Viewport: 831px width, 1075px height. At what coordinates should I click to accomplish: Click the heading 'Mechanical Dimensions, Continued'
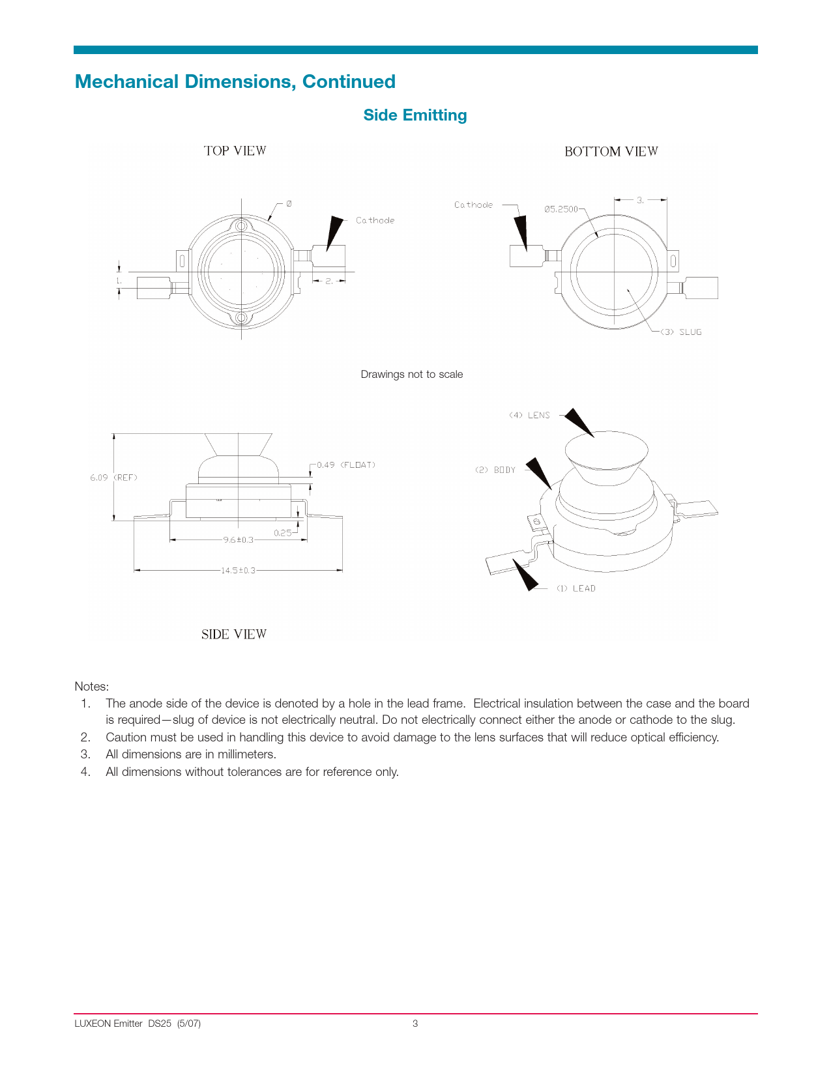235,81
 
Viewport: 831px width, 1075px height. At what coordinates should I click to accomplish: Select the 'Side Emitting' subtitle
415,115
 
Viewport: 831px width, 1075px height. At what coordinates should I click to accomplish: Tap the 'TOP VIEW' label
235,150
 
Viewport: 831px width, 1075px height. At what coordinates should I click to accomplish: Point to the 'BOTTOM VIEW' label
611,151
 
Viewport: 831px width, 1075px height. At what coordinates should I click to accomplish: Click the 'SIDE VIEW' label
233,634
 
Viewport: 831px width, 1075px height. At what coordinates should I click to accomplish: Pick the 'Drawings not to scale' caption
412,374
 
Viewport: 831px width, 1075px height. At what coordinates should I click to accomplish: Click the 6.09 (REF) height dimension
113,478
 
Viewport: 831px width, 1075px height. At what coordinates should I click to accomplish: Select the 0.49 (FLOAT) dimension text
346,465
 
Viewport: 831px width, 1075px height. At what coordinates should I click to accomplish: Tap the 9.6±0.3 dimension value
238,539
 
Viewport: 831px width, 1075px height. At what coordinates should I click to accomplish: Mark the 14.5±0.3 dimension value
238,570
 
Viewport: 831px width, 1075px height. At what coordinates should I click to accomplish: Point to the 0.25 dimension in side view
283,532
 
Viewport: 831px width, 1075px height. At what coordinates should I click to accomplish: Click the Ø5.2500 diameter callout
561,209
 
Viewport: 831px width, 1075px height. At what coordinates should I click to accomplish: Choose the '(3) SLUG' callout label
681,332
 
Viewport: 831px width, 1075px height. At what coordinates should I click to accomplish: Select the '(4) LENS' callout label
529,415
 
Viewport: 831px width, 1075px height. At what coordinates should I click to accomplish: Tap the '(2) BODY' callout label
495,470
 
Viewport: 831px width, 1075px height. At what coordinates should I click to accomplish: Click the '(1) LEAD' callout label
576,588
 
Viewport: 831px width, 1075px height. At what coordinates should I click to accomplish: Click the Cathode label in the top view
375,220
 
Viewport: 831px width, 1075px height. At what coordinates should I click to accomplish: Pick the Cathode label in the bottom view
474,205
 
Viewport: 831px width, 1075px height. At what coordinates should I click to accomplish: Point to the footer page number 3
415,1023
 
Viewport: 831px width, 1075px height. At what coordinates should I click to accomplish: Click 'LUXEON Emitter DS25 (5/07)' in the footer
138,1023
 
